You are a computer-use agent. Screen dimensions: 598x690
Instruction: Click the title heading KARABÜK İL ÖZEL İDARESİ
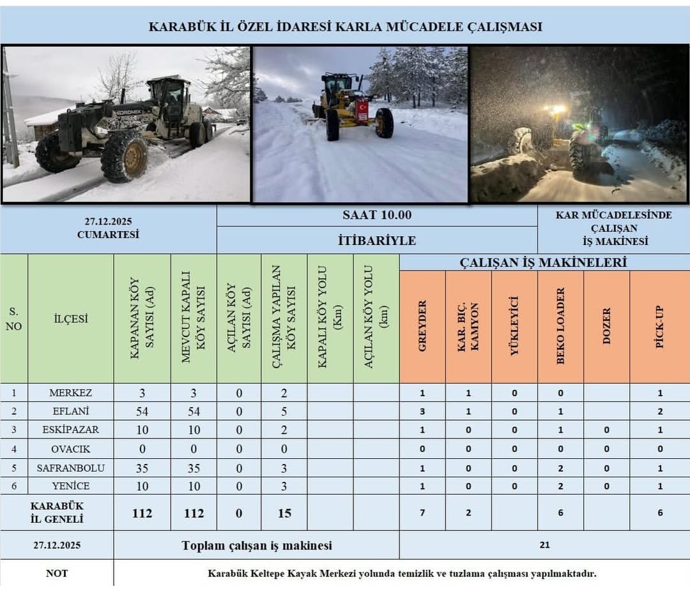pyautogui.click(x=345, y=27)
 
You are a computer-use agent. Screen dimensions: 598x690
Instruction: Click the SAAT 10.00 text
pyautogui.click(x=377, y=215)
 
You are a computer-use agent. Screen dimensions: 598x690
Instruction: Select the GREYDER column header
pyautogui.click(x=422, y=326)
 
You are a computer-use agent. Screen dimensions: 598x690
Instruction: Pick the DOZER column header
pyautogui.click(x=607, y=326)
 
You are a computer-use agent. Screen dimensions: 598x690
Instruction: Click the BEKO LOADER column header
pyautogui.click(x=561, y=326)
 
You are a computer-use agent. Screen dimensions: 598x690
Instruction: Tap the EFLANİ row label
pyautogui.click(x=71, y=412)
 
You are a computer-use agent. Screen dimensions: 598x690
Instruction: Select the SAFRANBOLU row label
pyautogui.click(x=71, y=468)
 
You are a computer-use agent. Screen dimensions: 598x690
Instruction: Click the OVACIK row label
pyautogui.click(x=71, y=449)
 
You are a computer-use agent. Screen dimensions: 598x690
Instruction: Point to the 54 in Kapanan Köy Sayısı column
pyautogui.click(x=142, y=412)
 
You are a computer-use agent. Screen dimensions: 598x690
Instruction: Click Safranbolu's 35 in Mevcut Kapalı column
pyautogui.click(x=194, y=468)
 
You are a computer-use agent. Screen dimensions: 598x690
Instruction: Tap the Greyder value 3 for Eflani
pyautogui.click(x=422, y=412)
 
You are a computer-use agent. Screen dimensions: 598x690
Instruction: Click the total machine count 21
pyautogui.click(x=544, y=545)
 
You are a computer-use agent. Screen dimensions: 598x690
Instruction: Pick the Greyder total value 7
pyautogui.click(x=422, y=512)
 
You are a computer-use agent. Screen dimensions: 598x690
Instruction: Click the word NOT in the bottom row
pyautogui.click(x=57, y=573)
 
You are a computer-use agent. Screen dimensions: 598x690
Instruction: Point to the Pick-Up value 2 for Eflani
pyautogui.click(x=660, y=412)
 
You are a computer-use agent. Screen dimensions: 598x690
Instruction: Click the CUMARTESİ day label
pyautogui.click(x=108, y=234)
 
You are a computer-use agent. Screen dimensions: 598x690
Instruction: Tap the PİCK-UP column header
pyautogui.click(x=660, y=326)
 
